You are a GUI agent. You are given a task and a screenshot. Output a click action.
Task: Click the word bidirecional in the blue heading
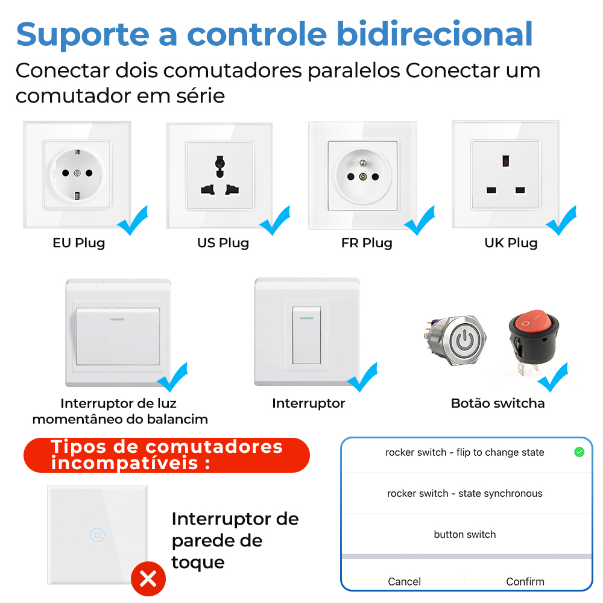click(435, 34)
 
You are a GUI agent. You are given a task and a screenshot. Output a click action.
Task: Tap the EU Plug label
click(79, 243)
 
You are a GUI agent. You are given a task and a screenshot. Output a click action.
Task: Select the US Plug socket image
click(219, 175)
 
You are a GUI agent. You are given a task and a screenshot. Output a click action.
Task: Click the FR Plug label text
click(367, 243)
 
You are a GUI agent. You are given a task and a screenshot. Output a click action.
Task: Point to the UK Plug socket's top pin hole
click(506, 161)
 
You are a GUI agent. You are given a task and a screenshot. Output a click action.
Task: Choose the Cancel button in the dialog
click(404, 581)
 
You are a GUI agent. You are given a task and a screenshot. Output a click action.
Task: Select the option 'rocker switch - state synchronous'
click(464, 493)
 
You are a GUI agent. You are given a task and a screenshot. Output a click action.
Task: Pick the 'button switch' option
click(464, 534)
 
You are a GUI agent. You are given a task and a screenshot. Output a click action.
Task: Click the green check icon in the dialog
click(579, 452)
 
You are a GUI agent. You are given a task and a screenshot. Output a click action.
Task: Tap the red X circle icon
click(148, 579)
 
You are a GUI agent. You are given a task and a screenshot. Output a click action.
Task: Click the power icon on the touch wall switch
click(97, 535)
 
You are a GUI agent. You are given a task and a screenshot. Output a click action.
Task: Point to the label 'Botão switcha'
click(497, 403)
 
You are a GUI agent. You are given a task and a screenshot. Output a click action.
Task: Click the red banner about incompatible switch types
click(166, 455)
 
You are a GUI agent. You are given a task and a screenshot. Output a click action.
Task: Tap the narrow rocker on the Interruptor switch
click(306, 335)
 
